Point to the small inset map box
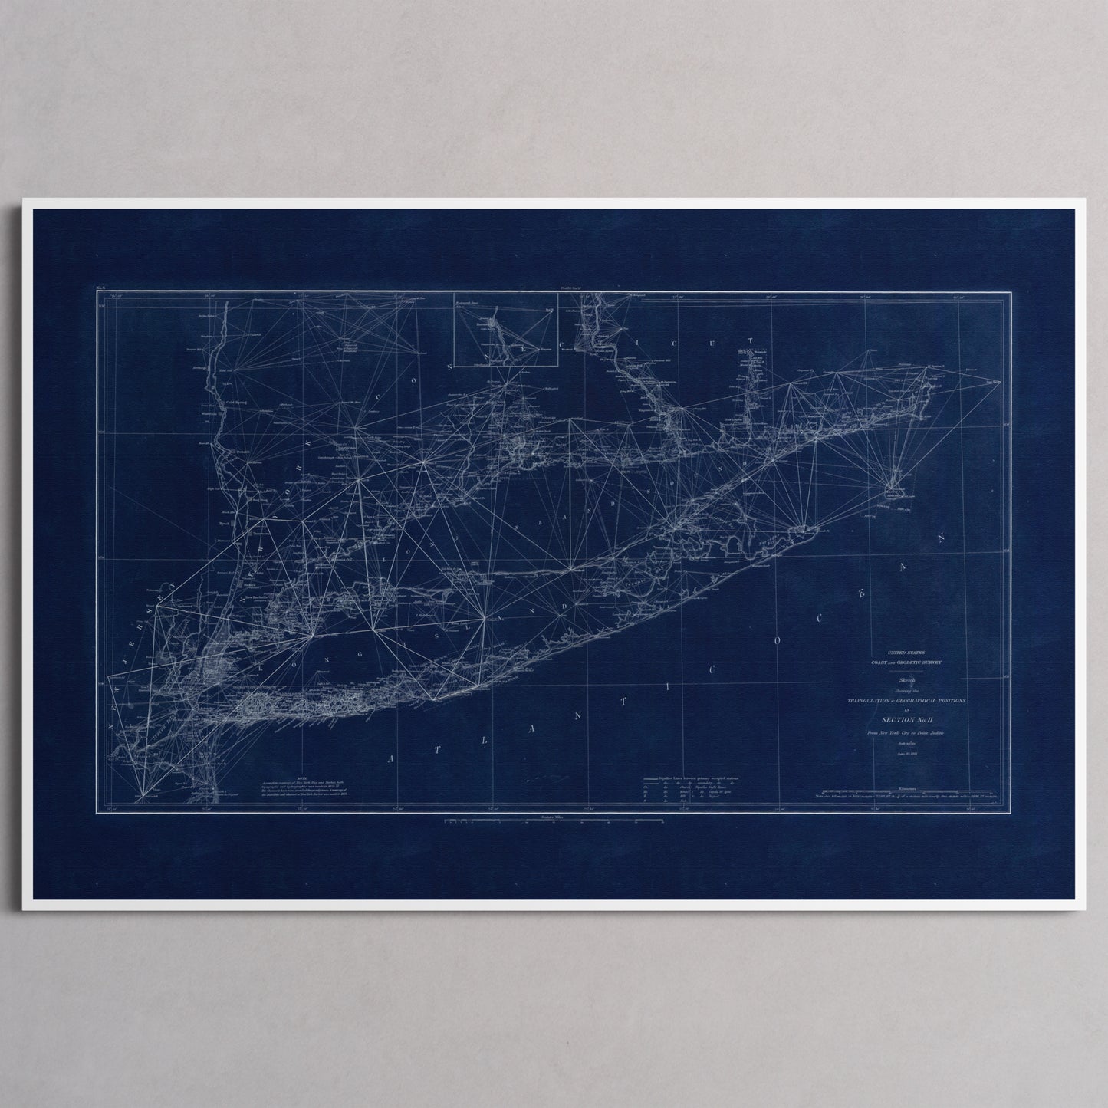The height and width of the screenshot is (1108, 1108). tap(505, 328)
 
